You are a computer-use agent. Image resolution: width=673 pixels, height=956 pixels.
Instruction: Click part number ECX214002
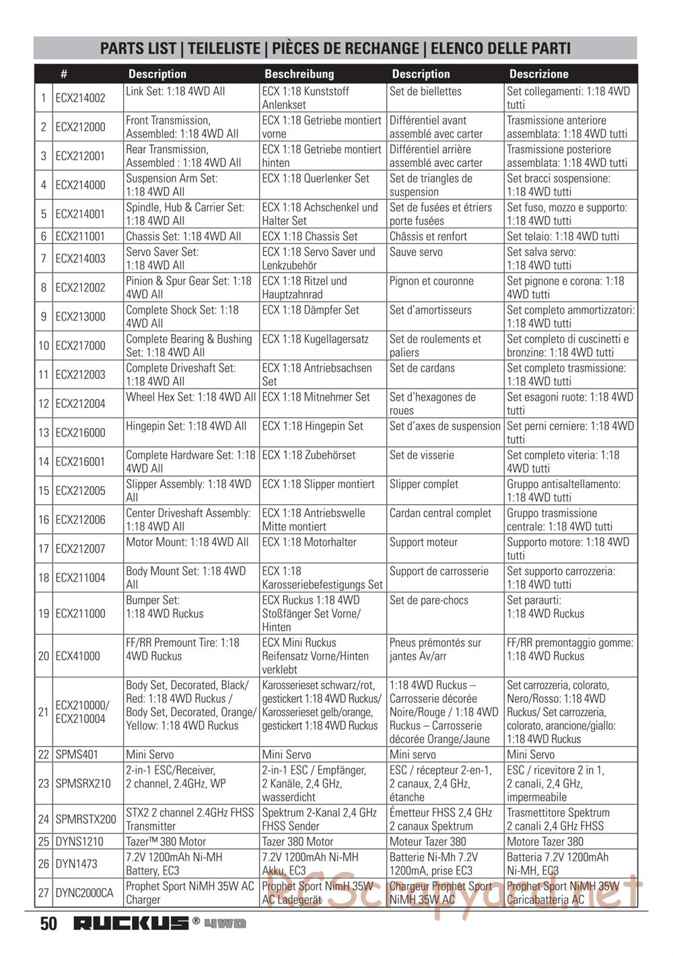tap(80, 98)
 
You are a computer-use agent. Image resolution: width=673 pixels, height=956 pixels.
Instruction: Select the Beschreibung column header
tap(299, 74)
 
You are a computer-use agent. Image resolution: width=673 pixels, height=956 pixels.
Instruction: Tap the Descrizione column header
tap(538, 74)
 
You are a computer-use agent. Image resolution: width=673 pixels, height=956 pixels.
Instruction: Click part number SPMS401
tap(77, 755)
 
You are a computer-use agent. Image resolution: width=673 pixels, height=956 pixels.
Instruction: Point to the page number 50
tap(48, 923)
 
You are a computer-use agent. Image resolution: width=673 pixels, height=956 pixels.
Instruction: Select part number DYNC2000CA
tap(84, 893)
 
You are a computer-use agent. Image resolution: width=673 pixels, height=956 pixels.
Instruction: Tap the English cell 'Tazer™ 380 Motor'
tap(166, 842)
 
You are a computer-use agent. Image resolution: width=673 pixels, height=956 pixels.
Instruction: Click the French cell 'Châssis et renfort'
tap(428, 236)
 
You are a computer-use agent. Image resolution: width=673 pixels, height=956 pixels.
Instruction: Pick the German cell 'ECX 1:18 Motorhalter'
tap(309, 542)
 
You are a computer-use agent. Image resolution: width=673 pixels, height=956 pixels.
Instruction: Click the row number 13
tap(44, 433)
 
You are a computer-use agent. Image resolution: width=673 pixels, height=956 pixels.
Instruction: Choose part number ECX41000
tap(77, 656)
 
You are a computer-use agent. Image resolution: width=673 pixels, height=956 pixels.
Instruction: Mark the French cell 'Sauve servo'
tap(416, 252)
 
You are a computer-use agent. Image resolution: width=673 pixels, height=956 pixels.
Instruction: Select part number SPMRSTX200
tap(85, 819)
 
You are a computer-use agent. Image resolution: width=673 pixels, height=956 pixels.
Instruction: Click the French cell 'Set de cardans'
tap(422, 368)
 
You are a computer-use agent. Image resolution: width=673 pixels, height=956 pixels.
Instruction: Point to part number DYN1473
tap(77, 864)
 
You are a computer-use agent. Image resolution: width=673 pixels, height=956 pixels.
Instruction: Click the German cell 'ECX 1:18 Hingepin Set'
tap(312, 426)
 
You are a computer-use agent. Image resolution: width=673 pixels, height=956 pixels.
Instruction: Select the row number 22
tap(44, 755)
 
